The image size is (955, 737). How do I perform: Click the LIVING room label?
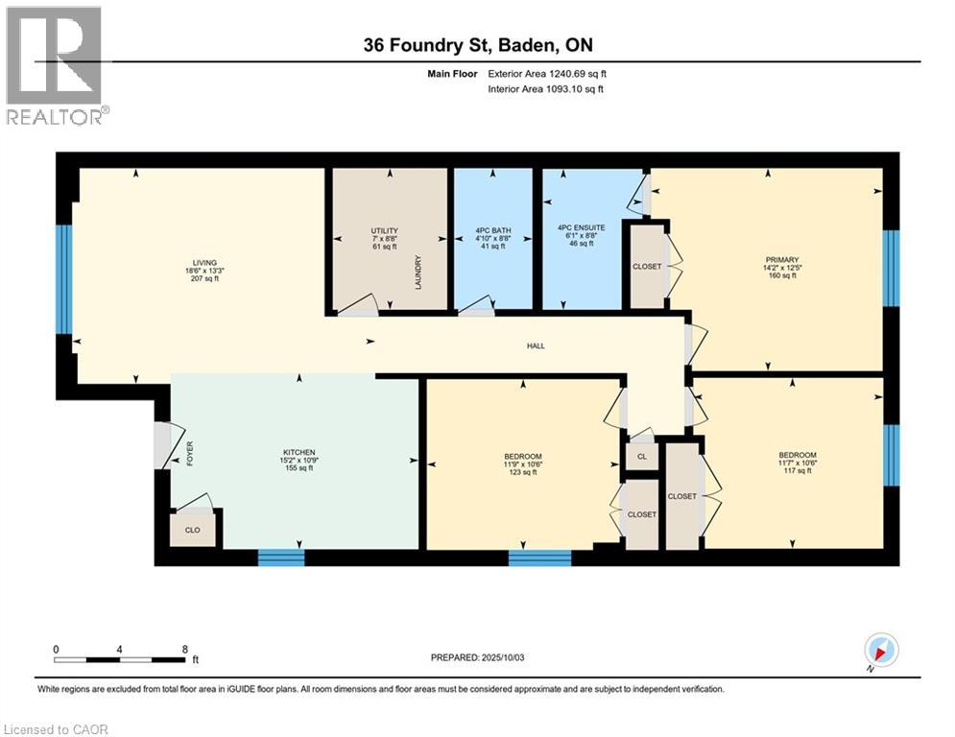click(x=203, y=263)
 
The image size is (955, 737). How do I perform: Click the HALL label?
click(x=536, y=345)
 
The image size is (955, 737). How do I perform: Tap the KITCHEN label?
click(x=298, y=453)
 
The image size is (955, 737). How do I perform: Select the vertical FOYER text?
click(x=190, y=451)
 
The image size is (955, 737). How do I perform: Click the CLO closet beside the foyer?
click(x=192, y=529)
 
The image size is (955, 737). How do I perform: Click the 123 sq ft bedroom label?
click(x=523, y=456)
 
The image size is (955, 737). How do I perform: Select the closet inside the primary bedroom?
click(x=646, y=266)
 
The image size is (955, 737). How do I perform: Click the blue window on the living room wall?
click(x=64, y=279)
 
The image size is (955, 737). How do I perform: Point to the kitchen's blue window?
click(x=281, y=558)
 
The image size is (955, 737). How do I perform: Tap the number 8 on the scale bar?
click(x=184, y=649)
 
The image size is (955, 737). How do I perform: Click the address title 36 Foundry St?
click(x=476, y=45)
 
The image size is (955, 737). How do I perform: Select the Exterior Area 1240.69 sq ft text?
click(x=547, y=73)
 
